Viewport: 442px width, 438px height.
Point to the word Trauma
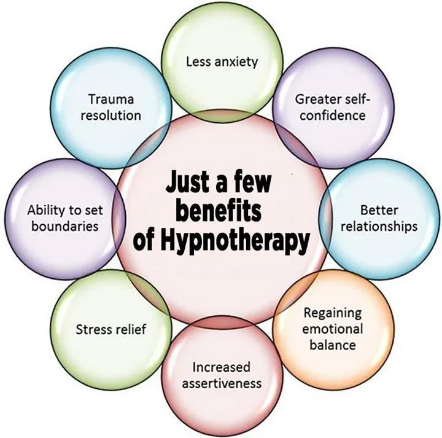click(111, 99)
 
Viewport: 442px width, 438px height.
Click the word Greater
click(316, 99)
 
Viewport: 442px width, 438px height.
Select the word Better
click(380, 210)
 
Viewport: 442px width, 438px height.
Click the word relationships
click(380, 226)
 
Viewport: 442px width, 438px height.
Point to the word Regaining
click(333, 313)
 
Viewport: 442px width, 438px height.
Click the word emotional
click(333, 329)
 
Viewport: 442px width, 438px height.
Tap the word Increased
click(222, 367)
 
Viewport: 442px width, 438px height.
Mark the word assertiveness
click(222, 383)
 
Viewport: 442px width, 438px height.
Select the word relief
click(133, 329)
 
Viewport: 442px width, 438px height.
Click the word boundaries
click(63, 226)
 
